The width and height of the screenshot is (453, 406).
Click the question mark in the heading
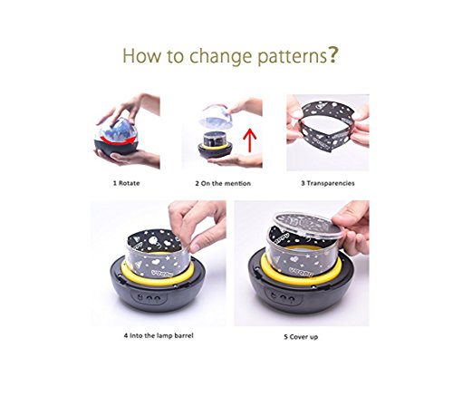click(333, 54)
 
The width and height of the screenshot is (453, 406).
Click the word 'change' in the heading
click(220, 57)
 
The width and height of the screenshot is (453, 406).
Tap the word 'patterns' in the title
click(292, 57)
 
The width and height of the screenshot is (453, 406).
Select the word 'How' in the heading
click(141, 55)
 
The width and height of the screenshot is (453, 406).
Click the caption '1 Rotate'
click(126, 183)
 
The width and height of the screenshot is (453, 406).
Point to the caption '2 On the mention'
click(223, 183)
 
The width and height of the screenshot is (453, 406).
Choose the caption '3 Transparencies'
click(328, 183)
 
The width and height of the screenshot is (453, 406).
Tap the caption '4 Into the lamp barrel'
click(159, 335)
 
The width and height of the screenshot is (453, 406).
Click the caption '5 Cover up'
click(301, 336)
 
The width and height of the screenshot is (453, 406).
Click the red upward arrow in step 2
click(249, 140)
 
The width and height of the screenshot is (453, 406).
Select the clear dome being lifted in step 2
click(216, 117)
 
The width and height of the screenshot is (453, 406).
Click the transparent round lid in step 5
click(307, 225)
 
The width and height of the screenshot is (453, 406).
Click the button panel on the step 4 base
click(149, 298)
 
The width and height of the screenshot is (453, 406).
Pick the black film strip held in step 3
click(328, 126)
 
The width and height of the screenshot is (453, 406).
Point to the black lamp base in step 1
click(116, 147)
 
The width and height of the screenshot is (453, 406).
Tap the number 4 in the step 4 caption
click(126, 335)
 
